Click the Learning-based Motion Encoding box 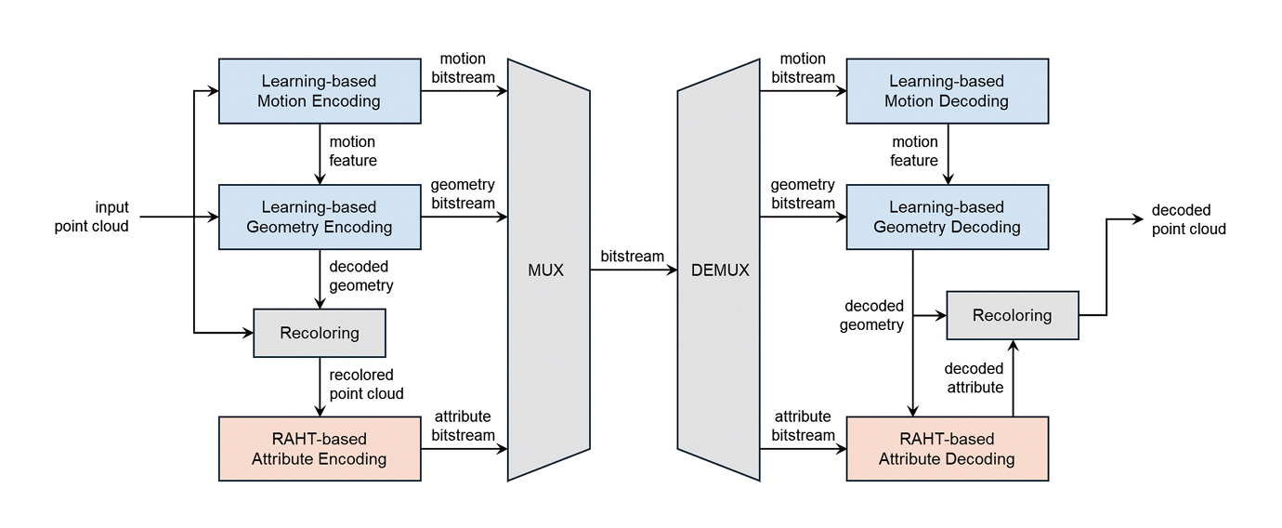(x=319, y=91)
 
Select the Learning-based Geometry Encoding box (x=319, y=217)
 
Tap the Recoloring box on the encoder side (x=319, y=333)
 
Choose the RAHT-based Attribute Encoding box (x=319, y=448)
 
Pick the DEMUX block (x=719, y=271)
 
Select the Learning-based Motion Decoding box (x=947, y=91)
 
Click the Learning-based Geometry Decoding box (x=947, y=217)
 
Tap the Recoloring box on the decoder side (x=1012, y=315)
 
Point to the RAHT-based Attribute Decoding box (x=947, y=448)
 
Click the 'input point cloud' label (x=91, y=217)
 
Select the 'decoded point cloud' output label (x=1188, y=219)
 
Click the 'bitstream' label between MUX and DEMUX (x=633, y=256)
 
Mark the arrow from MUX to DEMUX (x=633, y=271)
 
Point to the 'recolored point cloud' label (x=366, y=384)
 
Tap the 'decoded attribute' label (x=974, y=377)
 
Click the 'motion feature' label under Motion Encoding (x=353, y=151)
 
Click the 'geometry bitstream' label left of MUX (x=463, y=194)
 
